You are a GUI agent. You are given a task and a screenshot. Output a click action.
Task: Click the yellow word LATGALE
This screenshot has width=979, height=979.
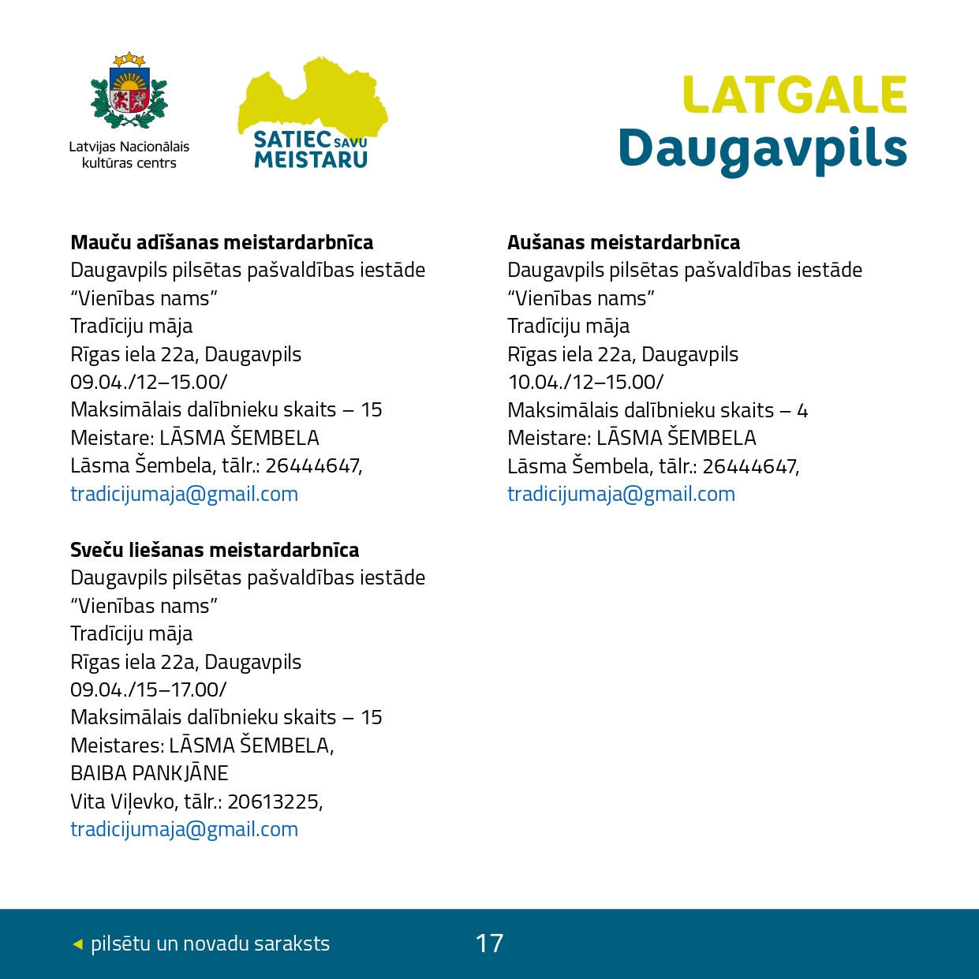tap(794, 95)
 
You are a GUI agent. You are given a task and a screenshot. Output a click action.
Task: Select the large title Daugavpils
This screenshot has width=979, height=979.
tap(762, 148)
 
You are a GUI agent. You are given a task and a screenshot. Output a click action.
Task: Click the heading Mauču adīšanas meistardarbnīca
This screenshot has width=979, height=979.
tap(222, 242)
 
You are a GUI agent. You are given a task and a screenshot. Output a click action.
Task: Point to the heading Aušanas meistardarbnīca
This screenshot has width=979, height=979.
tap(623, 242)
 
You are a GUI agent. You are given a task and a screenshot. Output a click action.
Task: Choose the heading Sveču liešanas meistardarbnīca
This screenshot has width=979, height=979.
tap(215, 550)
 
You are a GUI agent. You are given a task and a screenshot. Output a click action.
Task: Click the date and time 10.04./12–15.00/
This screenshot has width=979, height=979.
tap(585, 382)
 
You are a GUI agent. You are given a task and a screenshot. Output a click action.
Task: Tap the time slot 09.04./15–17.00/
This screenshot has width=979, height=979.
tap(148, 689)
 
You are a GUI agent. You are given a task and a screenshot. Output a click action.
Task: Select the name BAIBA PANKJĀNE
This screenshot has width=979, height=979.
tap(149, 773)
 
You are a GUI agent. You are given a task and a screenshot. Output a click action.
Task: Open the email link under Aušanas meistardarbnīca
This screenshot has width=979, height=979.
tap(621, 494)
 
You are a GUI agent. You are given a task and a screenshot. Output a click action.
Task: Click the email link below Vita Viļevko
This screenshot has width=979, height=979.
tap(184, 829)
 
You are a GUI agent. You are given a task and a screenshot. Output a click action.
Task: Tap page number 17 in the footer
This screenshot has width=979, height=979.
tap(489, 944)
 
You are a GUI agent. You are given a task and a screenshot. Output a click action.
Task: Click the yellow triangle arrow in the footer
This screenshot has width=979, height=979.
tap(77, 944)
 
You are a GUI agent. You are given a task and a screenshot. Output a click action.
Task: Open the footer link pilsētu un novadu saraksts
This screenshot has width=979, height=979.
tap(210, 944)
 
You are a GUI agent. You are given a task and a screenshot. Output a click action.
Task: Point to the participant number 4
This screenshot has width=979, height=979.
tap(802, 410)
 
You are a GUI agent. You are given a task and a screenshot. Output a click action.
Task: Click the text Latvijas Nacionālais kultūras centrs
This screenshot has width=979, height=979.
tap(129, 155)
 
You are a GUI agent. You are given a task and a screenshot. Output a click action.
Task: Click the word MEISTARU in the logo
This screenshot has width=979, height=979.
tap(311, 160)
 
